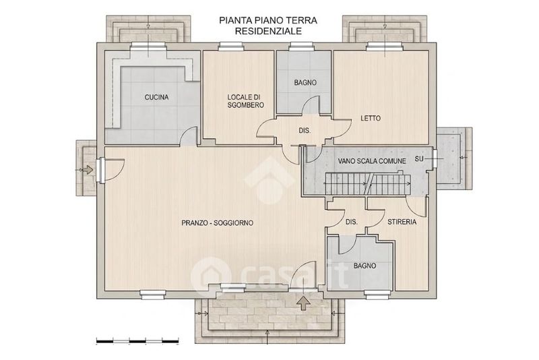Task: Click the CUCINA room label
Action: click(156, 97)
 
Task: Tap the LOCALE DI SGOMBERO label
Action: click(245, 101)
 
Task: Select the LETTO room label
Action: click(371, 118)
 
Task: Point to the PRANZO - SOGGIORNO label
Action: click(217, 222)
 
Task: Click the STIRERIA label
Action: click(402, 222)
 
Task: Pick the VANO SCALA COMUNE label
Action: click(372, 161)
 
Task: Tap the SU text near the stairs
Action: click(419, 159)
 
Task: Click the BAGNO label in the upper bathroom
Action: click(305, 82)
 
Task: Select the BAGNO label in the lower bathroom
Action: click(364, 266)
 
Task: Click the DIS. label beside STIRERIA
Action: click(351, 222)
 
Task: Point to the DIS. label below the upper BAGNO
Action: click(305, 131)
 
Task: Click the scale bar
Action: click(137, 341)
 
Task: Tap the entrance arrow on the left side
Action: click(88, 169)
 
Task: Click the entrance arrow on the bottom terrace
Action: click(304, 303)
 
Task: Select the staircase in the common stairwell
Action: click(368, 183)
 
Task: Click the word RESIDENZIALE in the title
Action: click(268, 31)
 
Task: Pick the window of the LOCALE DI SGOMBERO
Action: click(231, 46)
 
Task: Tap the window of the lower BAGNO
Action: click(377, 294)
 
